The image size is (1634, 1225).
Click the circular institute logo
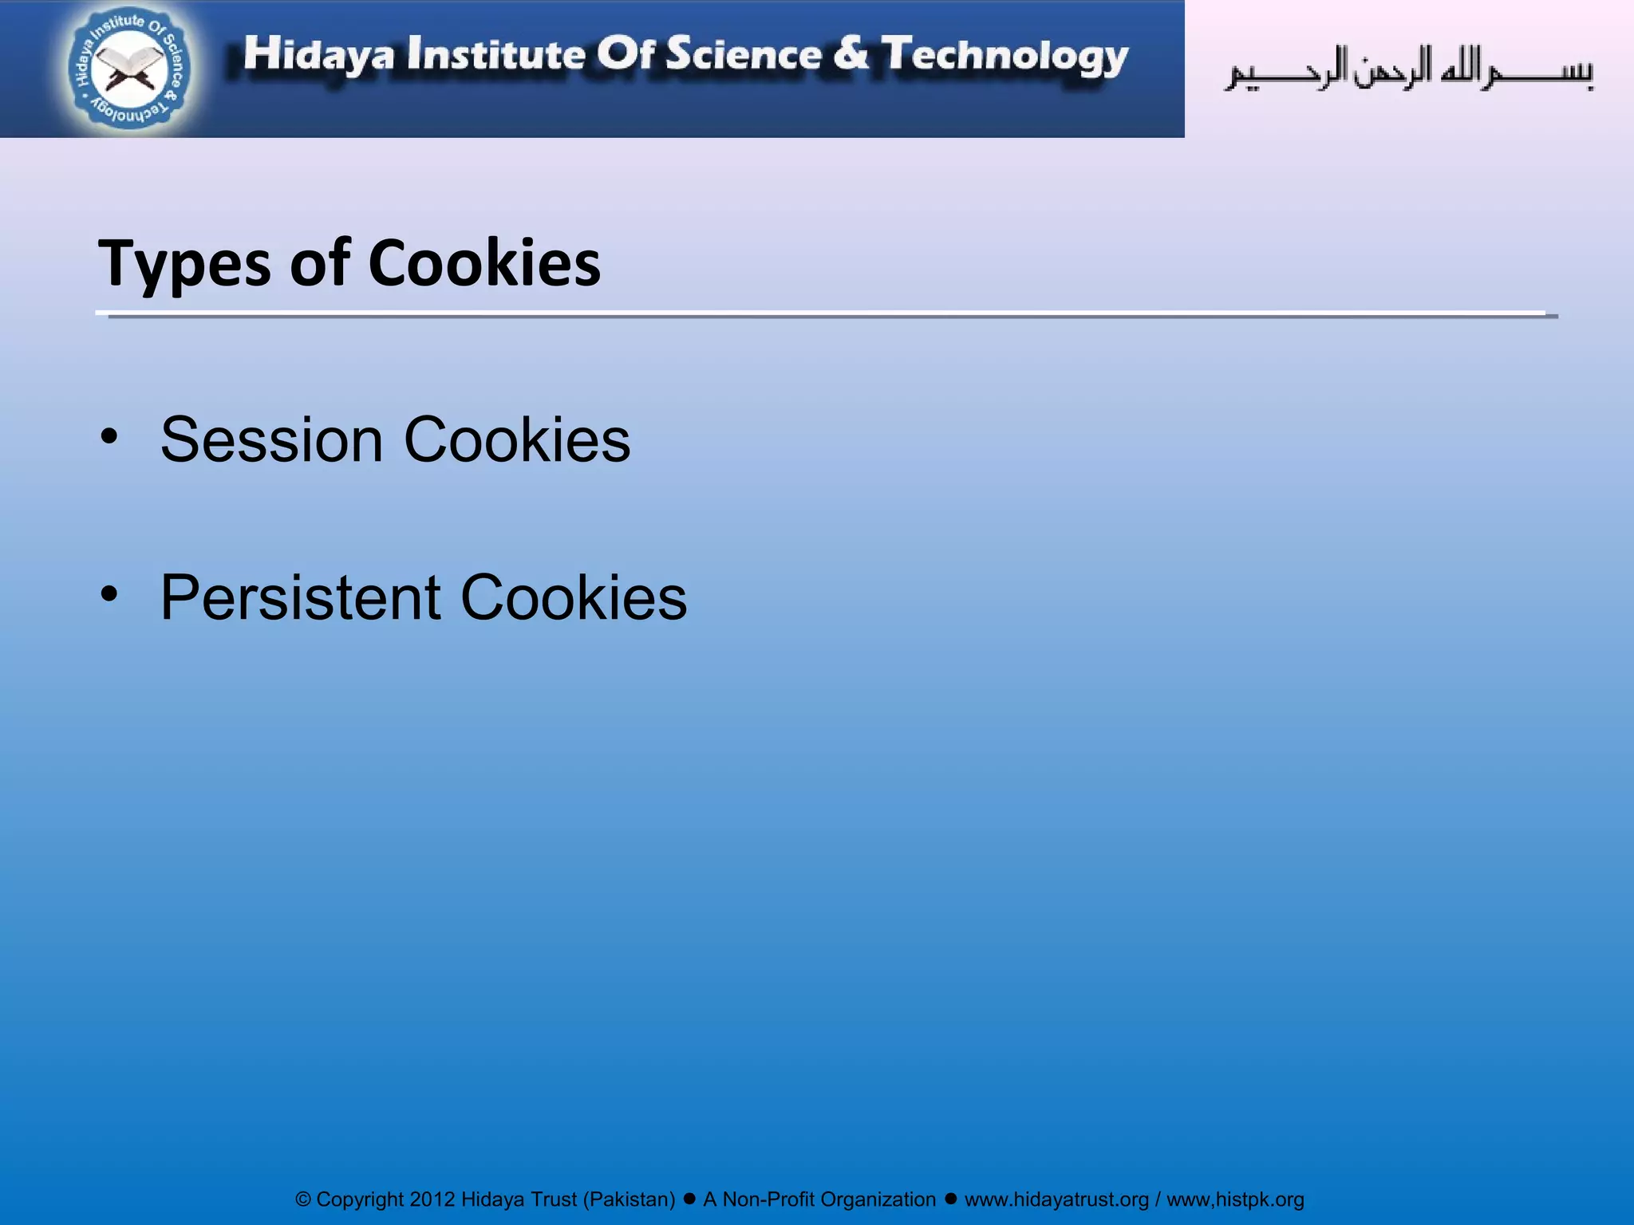(129, 69)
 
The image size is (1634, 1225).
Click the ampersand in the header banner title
(851, 53)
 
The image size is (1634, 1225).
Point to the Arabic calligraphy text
(1409, 70)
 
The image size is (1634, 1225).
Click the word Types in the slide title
(184, 264)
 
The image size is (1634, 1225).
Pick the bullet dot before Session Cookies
(109, 435)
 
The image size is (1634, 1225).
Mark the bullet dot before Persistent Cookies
(109, 593)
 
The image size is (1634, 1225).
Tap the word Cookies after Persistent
(574, 597)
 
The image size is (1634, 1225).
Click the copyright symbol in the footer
(303, 1199)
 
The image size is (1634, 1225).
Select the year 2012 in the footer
(432, 1199)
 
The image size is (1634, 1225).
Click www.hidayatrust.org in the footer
(1056, 1199)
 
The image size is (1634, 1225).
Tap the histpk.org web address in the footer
(1235, 1199)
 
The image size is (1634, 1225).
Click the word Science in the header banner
(744, 54)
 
